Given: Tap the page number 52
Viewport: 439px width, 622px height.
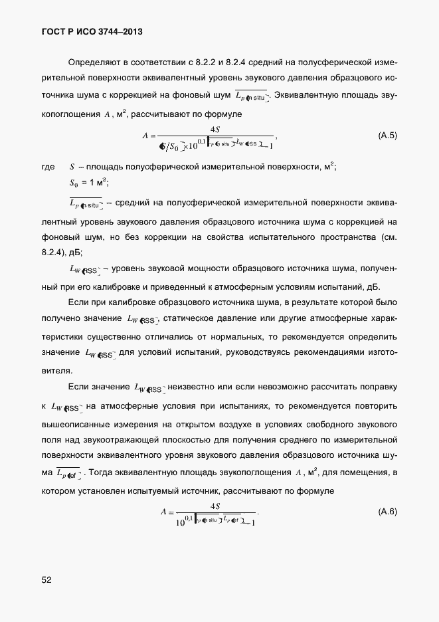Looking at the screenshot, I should tap(46, 579).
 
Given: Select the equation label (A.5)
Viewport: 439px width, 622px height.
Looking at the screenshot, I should tap(387, 136).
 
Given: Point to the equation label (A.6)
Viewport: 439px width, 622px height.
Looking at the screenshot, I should tap(387, 512).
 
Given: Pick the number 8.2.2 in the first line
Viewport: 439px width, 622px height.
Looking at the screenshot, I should tap(207, 62).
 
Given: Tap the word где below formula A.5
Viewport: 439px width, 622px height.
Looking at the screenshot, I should tap(48, 167).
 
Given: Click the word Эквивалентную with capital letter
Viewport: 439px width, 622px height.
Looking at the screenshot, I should tap(307, 96).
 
